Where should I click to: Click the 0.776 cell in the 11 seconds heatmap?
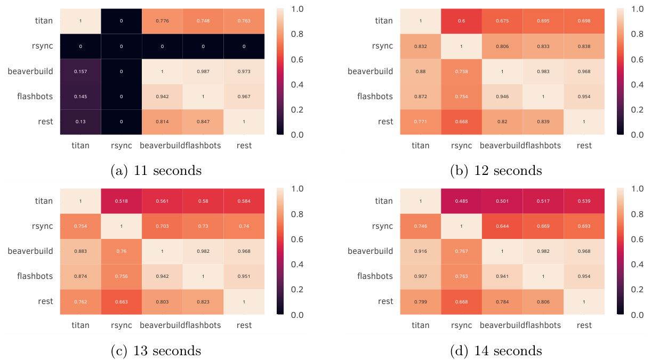click(x=162, y=21)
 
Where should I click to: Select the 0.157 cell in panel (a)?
click(x=81, y=71)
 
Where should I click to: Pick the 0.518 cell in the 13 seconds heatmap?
click(x=121, y=201)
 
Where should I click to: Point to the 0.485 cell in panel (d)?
click(x=462, y=201)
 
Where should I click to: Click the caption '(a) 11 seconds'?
click(x=156, y=171)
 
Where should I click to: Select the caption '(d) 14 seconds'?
click(x=496, y=351)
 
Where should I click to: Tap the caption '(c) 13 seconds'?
click(x=156, y=351)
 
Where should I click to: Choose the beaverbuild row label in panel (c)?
click(x=30, y=251)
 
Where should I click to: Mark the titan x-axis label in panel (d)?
click(x=420, y=325)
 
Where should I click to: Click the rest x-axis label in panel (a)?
click(x=244, y=145)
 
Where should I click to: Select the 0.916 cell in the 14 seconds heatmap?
click(x=421, y=251)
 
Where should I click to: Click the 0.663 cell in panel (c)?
click(x=121, y=301)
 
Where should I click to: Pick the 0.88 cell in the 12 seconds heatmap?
click(x=421, y=71)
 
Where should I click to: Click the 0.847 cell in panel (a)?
click(x=203, y=122)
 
